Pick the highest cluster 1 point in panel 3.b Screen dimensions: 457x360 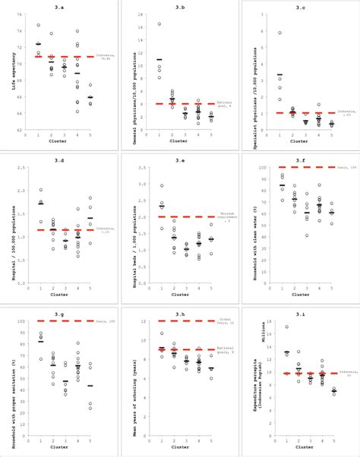pos(159,24)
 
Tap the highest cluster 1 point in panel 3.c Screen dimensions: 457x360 pos(279,33)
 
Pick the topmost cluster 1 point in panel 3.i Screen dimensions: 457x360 pos(286,327)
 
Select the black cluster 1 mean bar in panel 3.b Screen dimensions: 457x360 pos(159,59)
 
